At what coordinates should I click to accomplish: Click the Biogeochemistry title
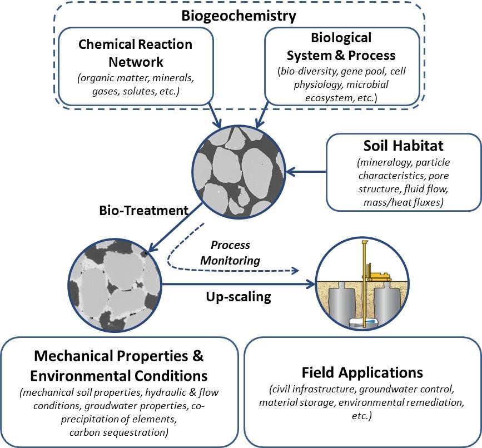(x=238, y=15)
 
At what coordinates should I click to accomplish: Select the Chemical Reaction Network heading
(x=135, y=52)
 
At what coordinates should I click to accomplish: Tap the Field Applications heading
(x=362, y=372)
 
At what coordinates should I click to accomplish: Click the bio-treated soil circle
(x=113, y=284)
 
